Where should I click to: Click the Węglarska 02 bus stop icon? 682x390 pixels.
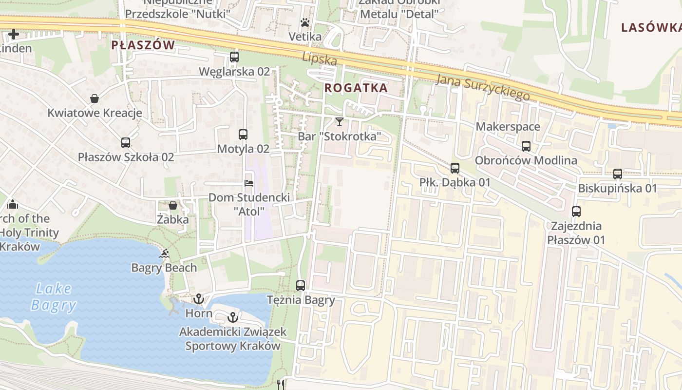(x=234, y=57)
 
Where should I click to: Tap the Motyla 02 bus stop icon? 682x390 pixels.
(x=243, y=135)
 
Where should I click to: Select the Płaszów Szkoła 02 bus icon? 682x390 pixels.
(x=126, y=143)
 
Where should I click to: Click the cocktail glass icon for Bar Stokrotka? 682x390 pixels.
(x=339, y=121)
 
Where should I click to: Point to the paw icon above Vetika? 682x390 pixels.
(x=305, y=22)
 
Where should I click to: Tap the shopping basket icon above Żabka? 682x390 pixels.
(x=172, y=205)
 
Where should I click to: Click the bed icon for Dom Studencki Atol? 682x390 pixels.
(x=249, y=183)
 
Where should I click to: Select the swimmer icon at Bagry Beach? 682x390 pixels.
(x=164, y=253)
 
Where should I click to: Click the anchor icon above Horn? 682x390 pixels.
(x=198, y=299)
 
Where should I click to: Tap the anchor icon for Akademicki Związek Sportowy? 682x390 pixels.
(x=233, y=317)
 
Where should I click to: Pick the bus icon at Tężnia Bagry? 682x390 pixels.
(x=301, y=286)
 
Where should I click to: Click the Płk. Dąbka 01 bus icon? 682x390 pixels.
(x=455, y=168)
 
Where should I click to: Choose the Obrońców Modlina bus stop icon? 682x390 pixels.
(x=526, y=146)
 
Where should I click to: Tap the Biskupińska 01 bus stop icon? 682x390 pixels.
(x=618, y=174)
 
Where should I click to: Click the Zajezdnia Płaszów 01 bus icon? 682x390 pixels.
(x=576, y=212)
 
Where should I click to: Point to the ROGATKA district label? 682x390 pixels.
(x=356, y=88)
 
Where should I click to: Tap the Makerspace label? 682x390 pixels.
(x=508, y=127)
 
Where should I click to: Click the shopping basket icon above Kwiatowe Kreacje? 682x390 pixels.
(x=95, y=99)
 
